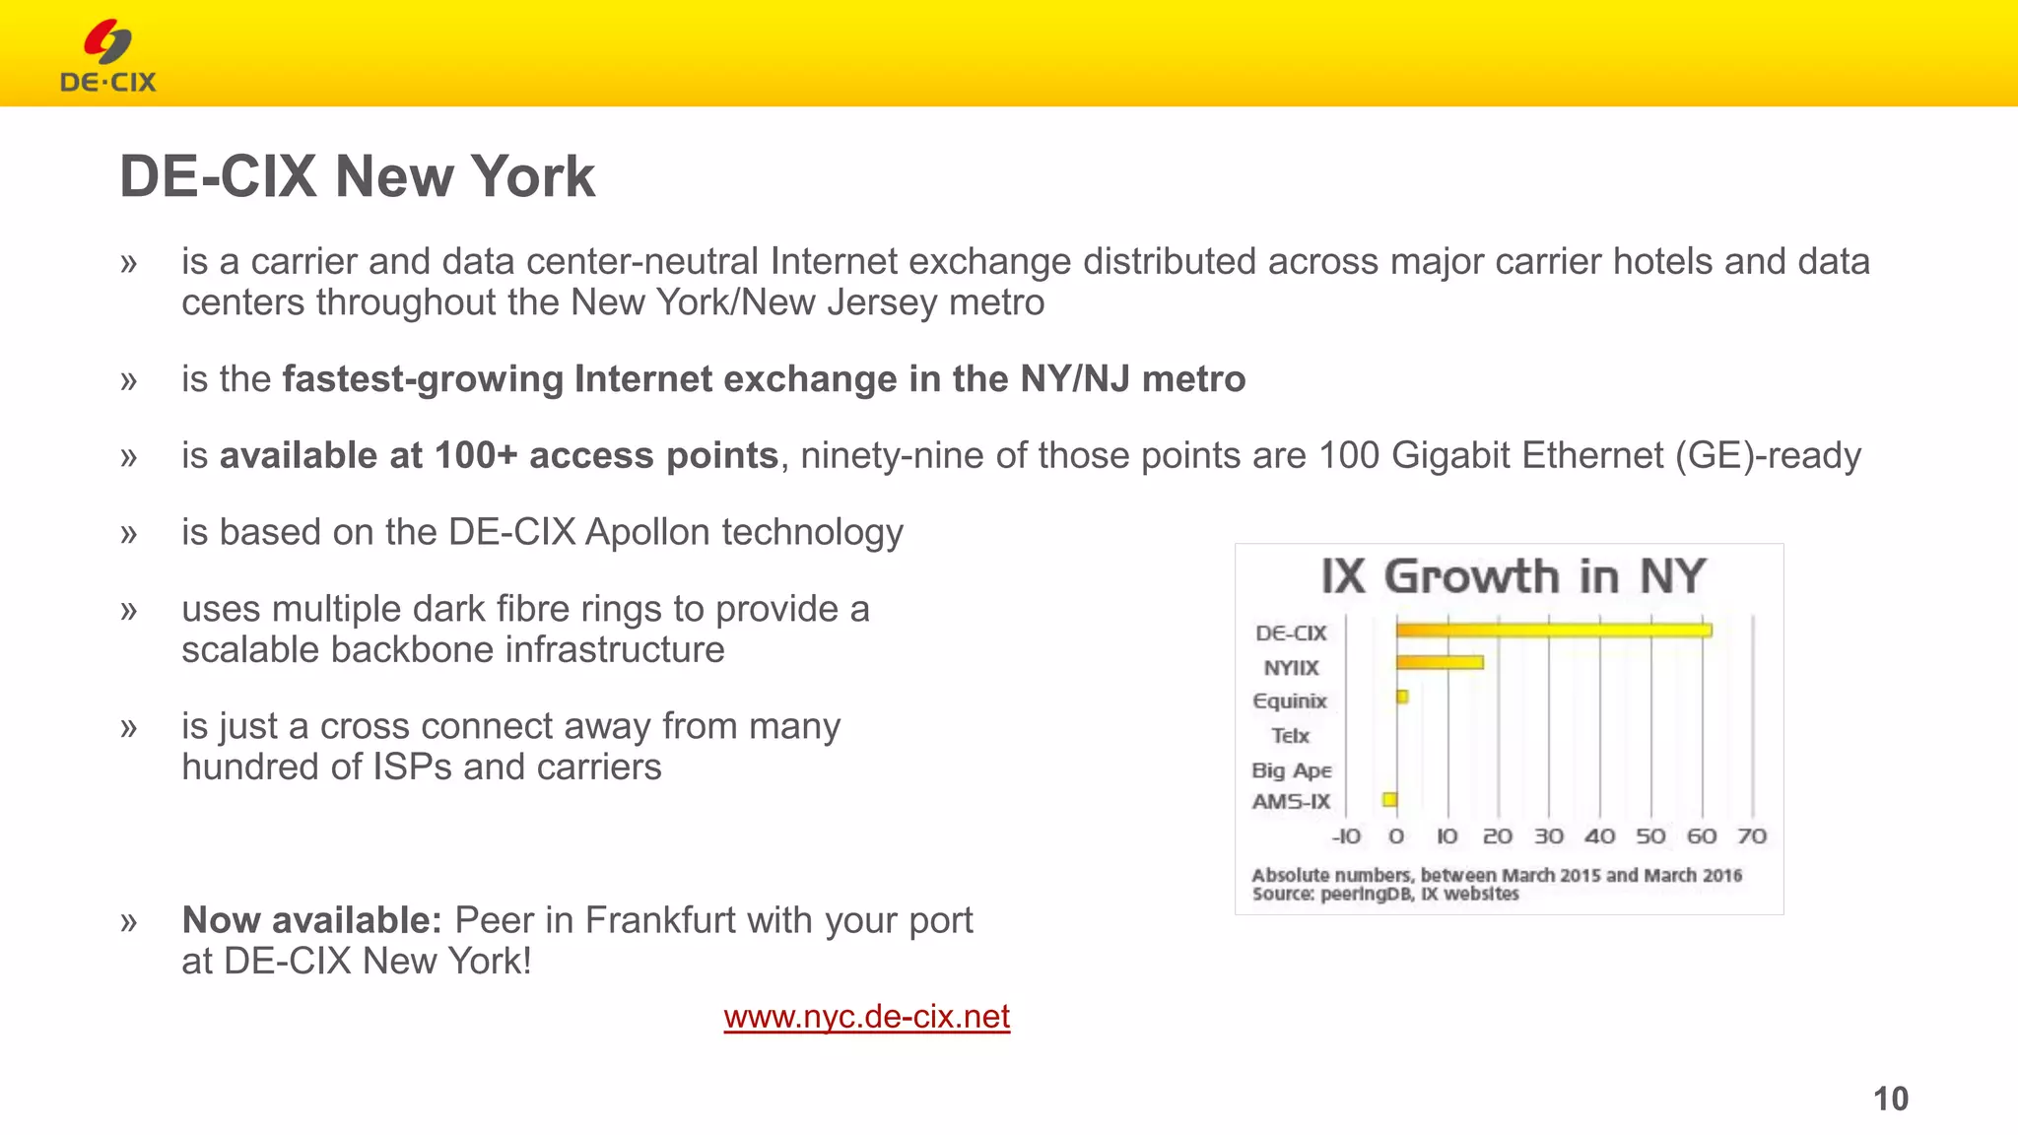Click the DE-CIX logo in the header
(108, 57)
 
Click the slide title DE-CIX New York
(357, 176)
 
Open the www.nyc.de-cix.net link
(866, 1017)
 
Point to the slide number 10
(1890, 1099)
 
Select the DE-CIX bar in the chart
(1553, 631)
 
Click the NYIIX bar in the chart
(1439, 663)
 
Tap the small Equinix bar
(1402, 698)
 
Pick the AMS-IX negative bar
(1389, 800)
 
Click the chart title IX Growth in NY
(1513, 576)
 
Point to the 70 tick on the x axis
(1752, 836)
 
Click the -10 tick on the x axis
(1345, 836)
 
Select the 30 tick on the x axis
(1548, 836)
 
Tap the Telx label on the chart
(1290, 736)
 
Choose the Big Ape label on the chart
(1291, 770)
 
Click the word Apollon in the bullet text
(647, 533)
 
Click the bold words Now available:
(311, 920)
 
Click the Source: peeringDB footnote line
(1384, 895)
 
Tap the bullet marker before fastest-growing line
(128, 380)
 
